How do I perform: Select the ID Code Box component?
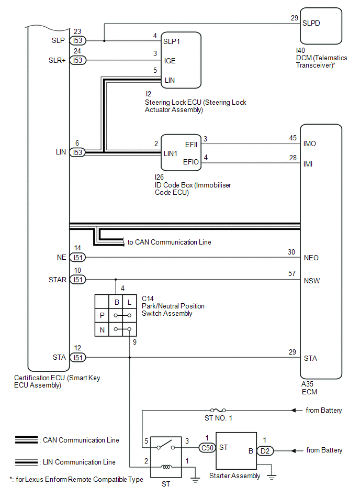coord(181,152)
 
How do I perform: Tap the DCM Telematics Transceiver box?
coord(321,26)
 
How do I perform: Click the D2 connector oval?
coord(265,450)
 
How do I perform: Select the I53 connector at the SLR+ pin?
coord(78,61)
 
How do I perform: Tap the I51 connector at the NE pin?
coord(78,258)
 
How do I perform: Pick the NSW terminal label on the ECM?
coord(311,281)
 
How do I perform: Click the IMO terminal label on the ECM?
coord(310,143)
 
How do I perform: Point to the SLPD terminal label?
coord(312,23)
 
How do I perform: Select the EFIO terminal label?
coord(191,162)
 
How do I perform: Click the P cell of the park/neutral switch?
coord(102,316)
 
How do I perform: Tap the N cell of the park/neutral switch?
coord(102,329)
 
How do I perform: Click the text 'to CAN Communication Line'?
coord(170,242)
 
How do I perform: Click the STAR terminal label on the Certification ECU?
coord(58,280)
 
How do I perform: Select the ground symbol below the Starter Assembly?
coord(270,476)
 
